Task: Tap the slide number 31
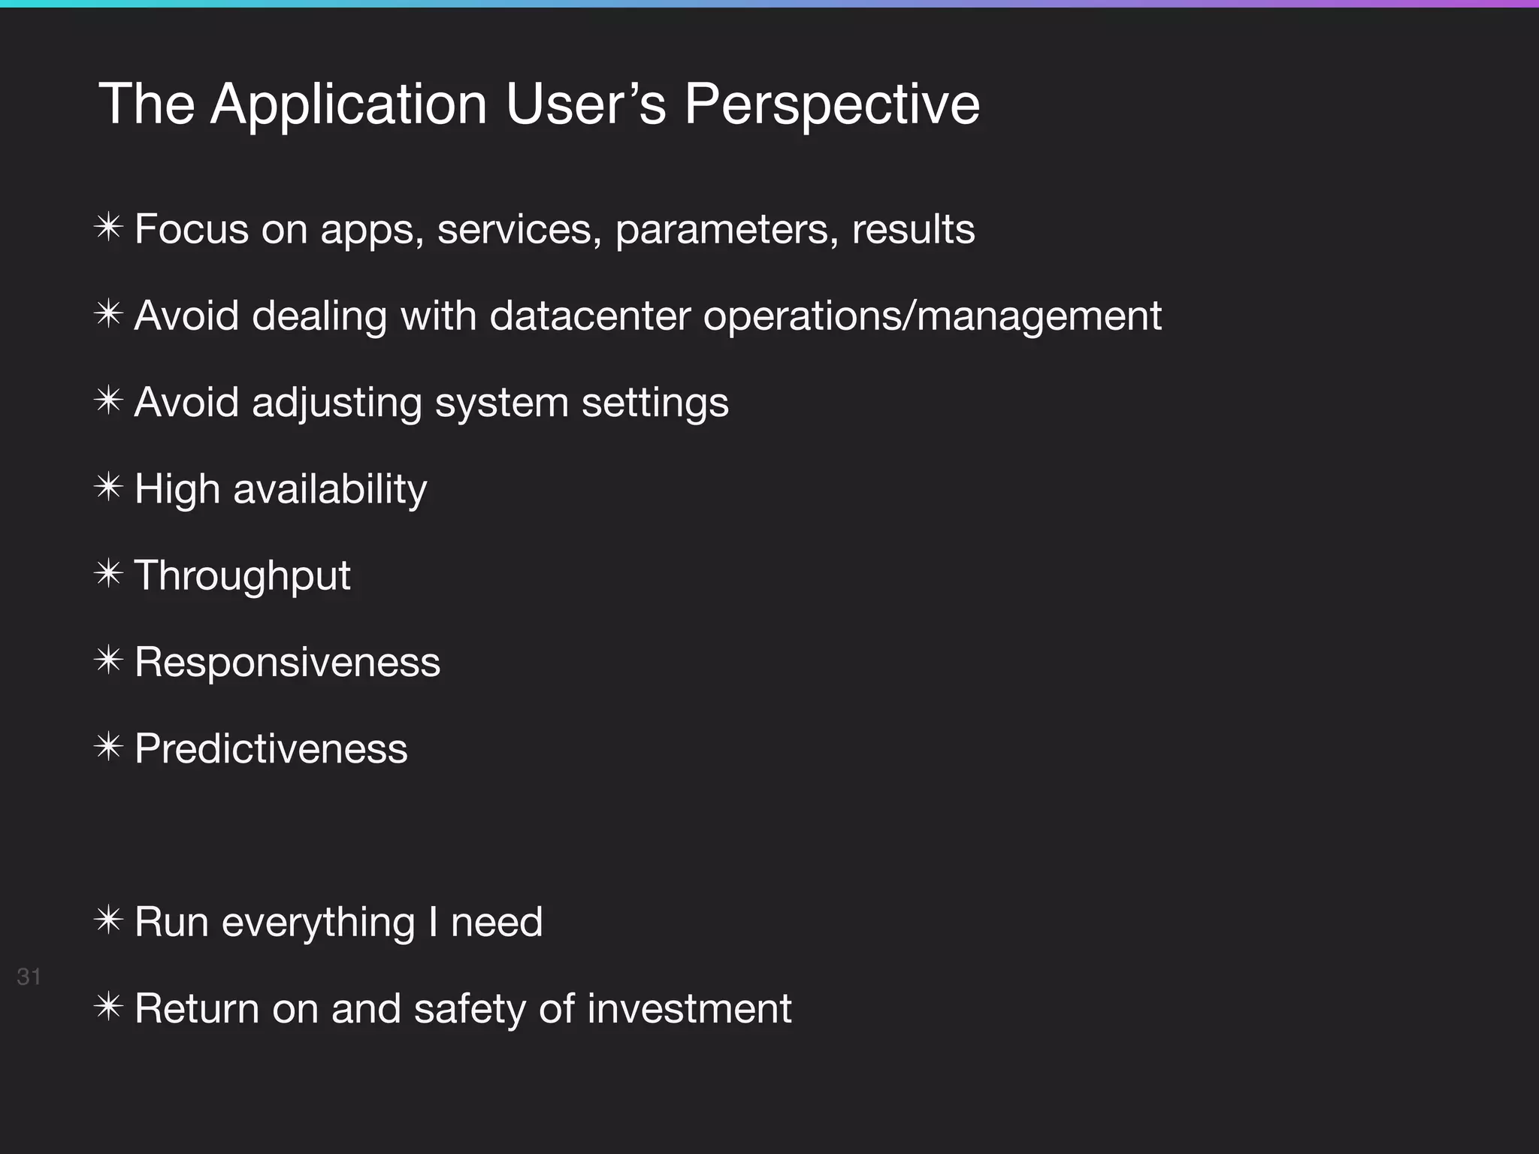coord(29,977)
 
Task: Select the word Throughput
coord(242,576)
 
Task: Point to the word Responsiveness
coord(287,663)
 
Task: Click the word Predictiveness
coord(271,749)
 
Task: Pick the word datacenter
coord(590,316)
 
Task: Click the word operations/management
coord(932,316)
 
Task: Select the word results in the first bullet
coord(913,229)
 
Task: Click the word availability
coord(330,490)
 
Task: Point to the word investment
coord(689,1008)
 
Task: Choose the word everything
coord(318,923)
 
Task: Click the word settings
coord(655,403)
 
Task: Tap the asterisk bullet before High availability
coord(109,488)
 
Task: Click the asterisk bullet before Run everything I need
coord(109,920)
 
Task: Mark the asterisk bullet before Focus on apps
coord(109,228)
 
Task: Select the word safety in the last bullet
coord(470,1008)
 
